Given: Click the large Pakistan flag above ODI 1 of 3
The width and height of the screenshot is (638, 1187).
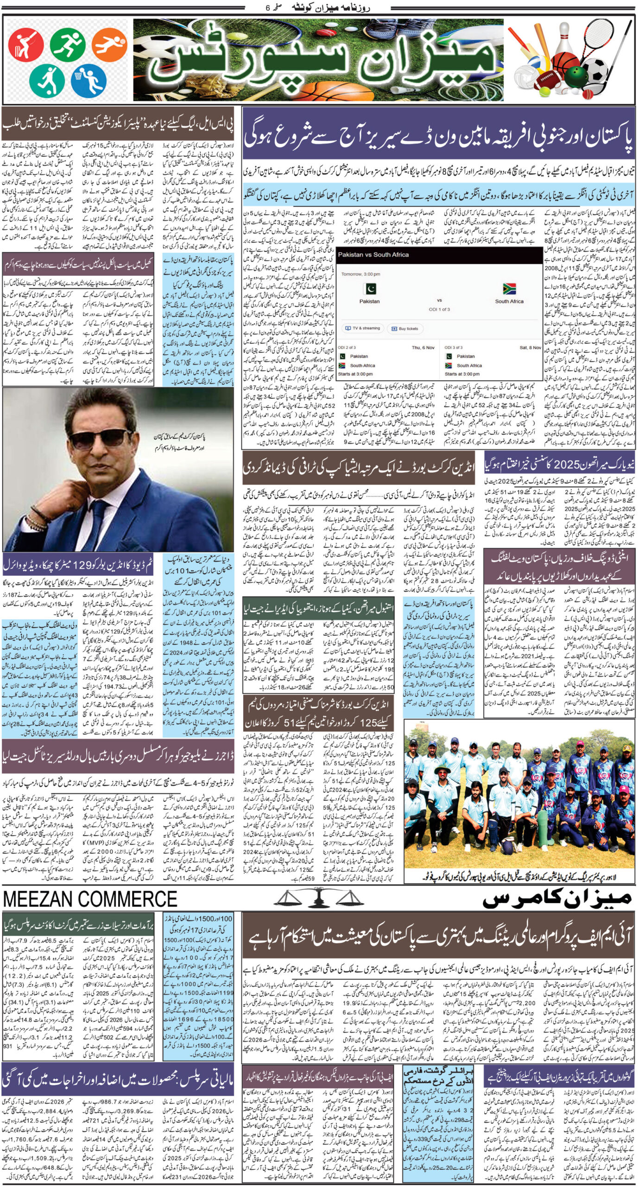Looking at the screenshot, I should pyautogui.click(x=369, y=288).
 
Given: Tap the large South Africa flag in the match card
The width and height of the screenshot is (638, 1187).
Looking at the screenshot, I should pyautogui.click(x=508, y=288).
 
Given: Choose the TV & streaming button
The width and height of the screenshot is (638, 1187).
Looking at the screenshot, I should pyautogui.click(x=361, y=328).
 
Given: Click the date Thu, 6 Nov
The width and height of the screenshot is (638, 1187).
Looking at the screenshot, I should pyautogui.click(x=423, y=348).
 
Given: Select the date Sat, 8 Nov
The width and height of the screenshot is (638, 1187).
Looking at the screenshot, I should pyautogui.click(x=530, y=348).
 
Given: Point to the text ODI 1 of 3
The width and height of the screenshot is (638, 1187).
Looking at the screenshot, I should pyautogui.click(x=439, y=309).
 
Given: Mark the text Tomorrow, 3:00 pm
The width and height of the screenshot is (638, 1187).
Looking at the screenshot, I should pyautogui.click(x=360, y=274).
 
